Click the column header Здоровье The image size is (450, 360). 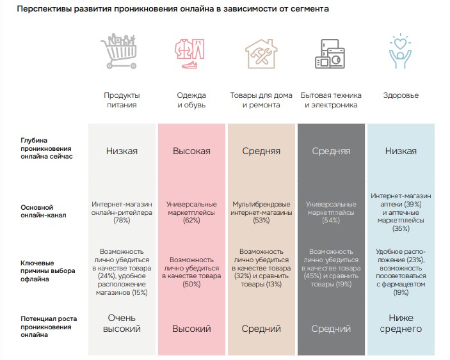click(401, 95)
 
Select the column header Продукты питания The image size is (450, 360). click(122, 100)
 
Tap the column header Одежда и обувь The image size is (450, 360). click(191, 100)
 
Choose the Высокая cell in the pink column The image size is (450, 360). click(191, 152)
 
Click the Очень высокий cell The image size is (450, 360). click(122, 324)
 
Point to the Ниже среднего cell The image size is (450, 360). click(401, 324)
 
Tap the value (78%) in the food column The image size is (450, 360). click(122, 220)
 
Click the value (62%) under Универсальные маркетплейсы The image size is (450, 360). click(191, 220)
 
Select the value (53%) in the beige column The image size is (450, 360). click(261, 220)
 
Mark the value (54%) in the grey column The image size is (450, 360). click(331, 220)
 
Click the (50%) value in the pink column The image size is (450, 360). click(191, 284)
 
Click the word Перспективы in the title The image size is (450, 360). click(44, 10)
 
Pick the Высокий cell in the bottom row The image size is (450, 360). click(191, 329)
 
